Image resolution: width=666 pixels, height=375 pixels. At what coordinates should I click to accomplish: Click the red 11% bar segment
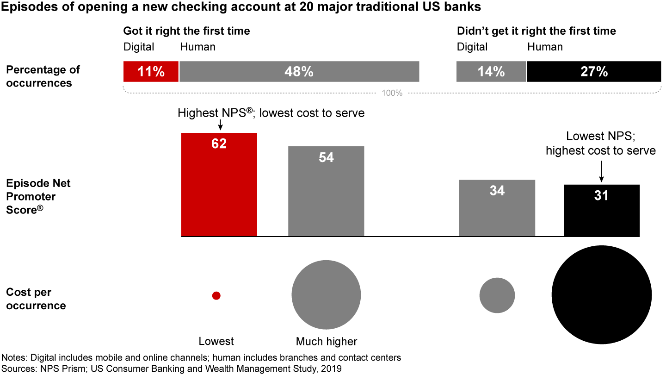(151, 72)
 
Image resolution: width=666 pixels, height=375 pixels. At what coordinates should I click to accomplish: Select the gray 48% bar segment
(299, 72)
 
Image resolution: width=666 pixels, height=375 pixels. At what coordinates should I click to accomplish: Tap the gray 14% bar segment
(491, 72)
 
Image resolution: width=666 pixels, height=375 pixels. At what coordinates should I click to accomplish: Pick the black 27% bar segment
(594, 72)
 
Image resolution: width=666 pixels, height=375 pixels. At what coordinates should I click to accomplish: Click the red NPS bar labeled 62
(219, 185)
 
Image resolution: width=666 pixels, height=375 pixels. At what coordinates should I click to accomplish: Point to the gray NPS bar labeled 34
(497, 208)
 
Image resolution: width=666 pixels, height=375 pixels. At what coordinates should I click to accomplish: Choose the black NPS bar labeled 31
(602, 211)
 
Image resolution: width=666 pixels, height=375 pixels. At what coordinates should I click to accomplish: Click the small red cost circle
(216, 296)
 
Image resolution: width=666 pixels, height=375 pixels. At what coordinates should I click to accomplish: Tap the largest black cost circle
(602, 295)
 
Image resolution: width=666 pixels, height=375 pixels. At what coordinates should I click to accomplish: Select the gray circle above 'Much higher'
(326, 295)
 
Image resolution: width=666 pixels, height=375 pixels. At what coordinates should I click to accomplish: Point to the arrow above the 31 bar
(601, 170)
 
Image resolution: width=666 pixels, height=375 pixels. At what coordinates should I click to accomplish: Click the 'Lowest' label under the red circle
(216, 342)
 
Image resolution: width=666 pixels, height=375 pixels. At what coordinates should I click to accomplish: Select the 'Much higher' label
(327, 342)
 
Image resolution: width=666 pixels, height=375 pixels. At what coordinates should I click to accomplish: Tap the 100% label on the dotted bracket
(392, 93)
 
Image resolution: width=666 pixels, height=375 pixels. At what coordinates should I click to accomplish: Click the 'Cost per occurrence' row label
(36, 299)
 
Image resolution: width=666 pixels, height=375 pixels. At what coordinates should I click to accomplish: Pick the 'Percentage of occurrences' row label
(43, 76)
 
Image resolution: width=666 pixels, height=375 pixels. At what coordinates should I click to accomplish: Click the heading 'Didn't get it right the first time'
(536, 31)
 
